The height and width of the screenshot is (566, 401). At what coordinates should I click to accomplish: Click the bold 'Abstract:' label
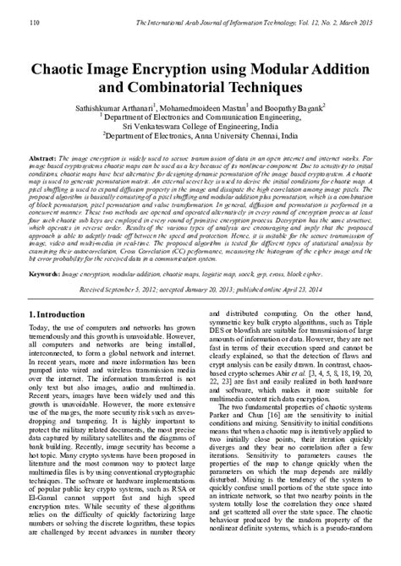pyautogui.click(x=42, y=159)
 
